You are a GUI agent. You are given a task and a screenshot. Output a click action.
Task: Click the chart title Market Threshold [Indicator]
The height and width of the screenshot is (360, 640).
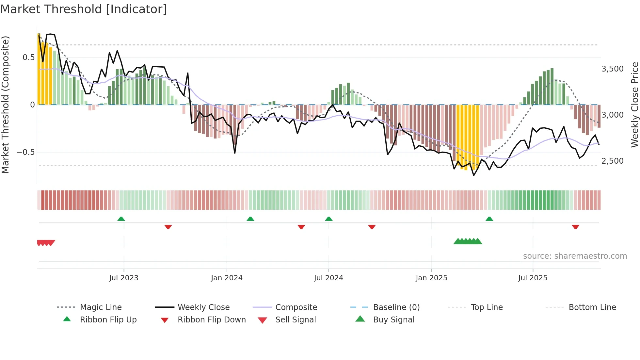[x=84, y=9]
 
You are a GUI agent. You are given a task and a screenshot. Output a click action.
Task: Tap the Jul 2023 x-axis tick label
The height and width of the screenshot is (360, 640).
[x=124, y=278]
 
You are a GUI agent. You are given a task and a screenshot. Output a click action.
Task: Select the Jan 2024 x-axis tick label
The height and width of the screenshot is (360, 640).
[x=227, y=278]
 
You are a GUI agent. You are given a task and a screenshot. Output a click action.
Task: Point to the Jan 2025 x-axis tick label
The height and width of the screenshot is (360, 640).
[x=431, y=278]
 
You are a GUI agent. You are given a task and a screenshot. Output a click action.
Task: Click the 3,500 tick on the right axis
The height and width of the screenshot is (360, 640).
[x=613, y=69]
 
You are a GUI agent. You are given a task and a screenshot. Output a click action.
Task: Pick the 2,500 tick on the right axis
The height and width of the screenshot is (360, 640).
[x=613, y=161]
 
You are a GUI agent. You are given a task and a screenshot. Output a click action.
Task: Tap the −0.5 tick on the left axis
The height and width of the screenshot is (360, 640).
[x=25, y=152]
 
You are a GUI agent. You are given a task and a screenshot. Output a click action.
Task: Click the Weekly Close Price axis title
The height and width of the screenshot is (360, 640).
[x=634, y=105]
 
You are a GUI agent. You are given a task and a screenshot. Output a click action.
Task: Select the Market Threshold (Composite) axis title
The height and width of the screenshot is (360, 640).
[x=5, y=105]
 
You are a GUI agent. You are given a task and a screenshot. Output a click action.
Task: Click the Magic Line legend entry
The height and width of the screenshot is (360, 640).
[x=101, y=307]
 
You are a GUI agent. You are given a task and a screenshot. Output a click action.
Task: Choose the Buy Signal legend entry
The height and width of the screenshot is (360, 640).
[x=393, y=320]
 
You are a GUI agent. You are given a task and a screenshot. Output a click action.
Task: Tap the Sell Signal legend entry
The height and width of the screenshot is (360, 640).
[x=296, y=320]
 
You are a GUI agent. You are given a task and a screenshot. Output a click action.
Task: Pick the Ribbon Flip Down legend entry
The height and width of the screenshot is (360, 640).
[x=212, y=320]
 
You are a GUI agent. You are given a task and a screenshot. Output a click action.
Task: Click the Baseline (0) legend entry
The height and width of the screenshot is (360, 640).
[x=396, y=307]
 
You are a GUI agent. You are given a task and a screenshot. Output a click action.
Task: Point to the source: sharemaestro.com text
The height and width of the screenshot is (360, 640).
[x=575, y=256]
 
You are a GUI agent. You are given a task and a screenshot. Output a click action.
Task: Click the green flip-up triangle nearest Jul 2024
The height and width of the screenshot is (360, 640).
[x=329, y=219]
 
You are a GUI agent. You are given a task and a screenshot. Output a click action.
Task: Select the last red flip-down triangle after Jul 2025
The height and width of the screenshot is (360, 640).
[x=575, y=227]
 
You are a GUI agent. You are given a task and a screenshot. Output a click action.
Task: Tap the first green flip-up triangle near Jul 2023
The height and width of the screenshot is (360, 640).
[x=121, y=219]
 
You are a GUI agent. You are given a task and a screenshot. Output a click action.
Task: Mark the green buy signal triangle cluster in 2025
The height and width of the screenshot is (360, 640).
[x=468, y=241]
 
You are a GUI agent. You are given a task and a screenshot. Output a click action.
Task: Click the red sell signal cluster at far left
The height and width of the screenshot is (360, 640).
[x=46, y=243]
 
